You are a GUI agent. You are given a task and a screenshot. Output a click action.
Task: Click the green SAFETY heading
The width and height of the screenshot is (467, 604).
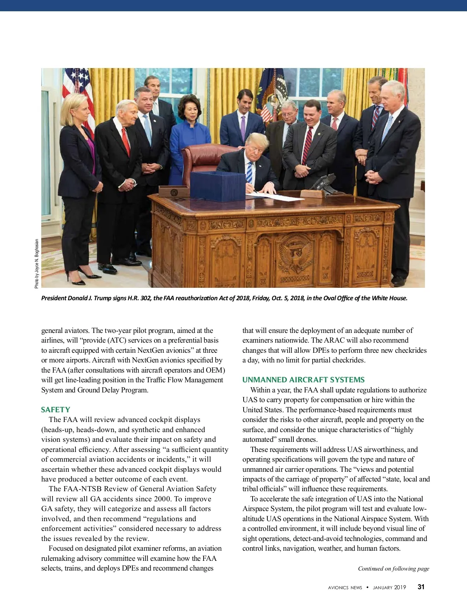tap(56, 410)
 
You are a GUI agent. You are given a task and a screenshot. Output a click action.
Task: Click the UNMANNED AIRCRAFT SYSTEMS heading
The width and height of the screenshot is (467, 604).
tap(304, 380)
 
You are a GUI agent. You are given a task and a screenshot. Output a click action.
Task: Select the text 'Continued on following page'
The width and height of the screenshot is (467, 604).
tap(393, 568)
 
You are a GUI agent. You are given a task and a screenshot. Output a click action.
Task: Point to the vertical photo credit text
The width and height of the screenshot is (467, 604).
tap(37, 263)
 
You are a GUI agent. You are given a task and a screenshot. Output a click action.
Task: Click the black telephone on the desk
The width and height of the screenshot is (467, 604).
tap(325, 182)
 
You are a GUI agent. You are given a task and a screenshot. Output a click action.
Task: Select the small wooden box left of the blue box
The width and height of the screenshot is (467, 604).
tap(174, 191)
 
